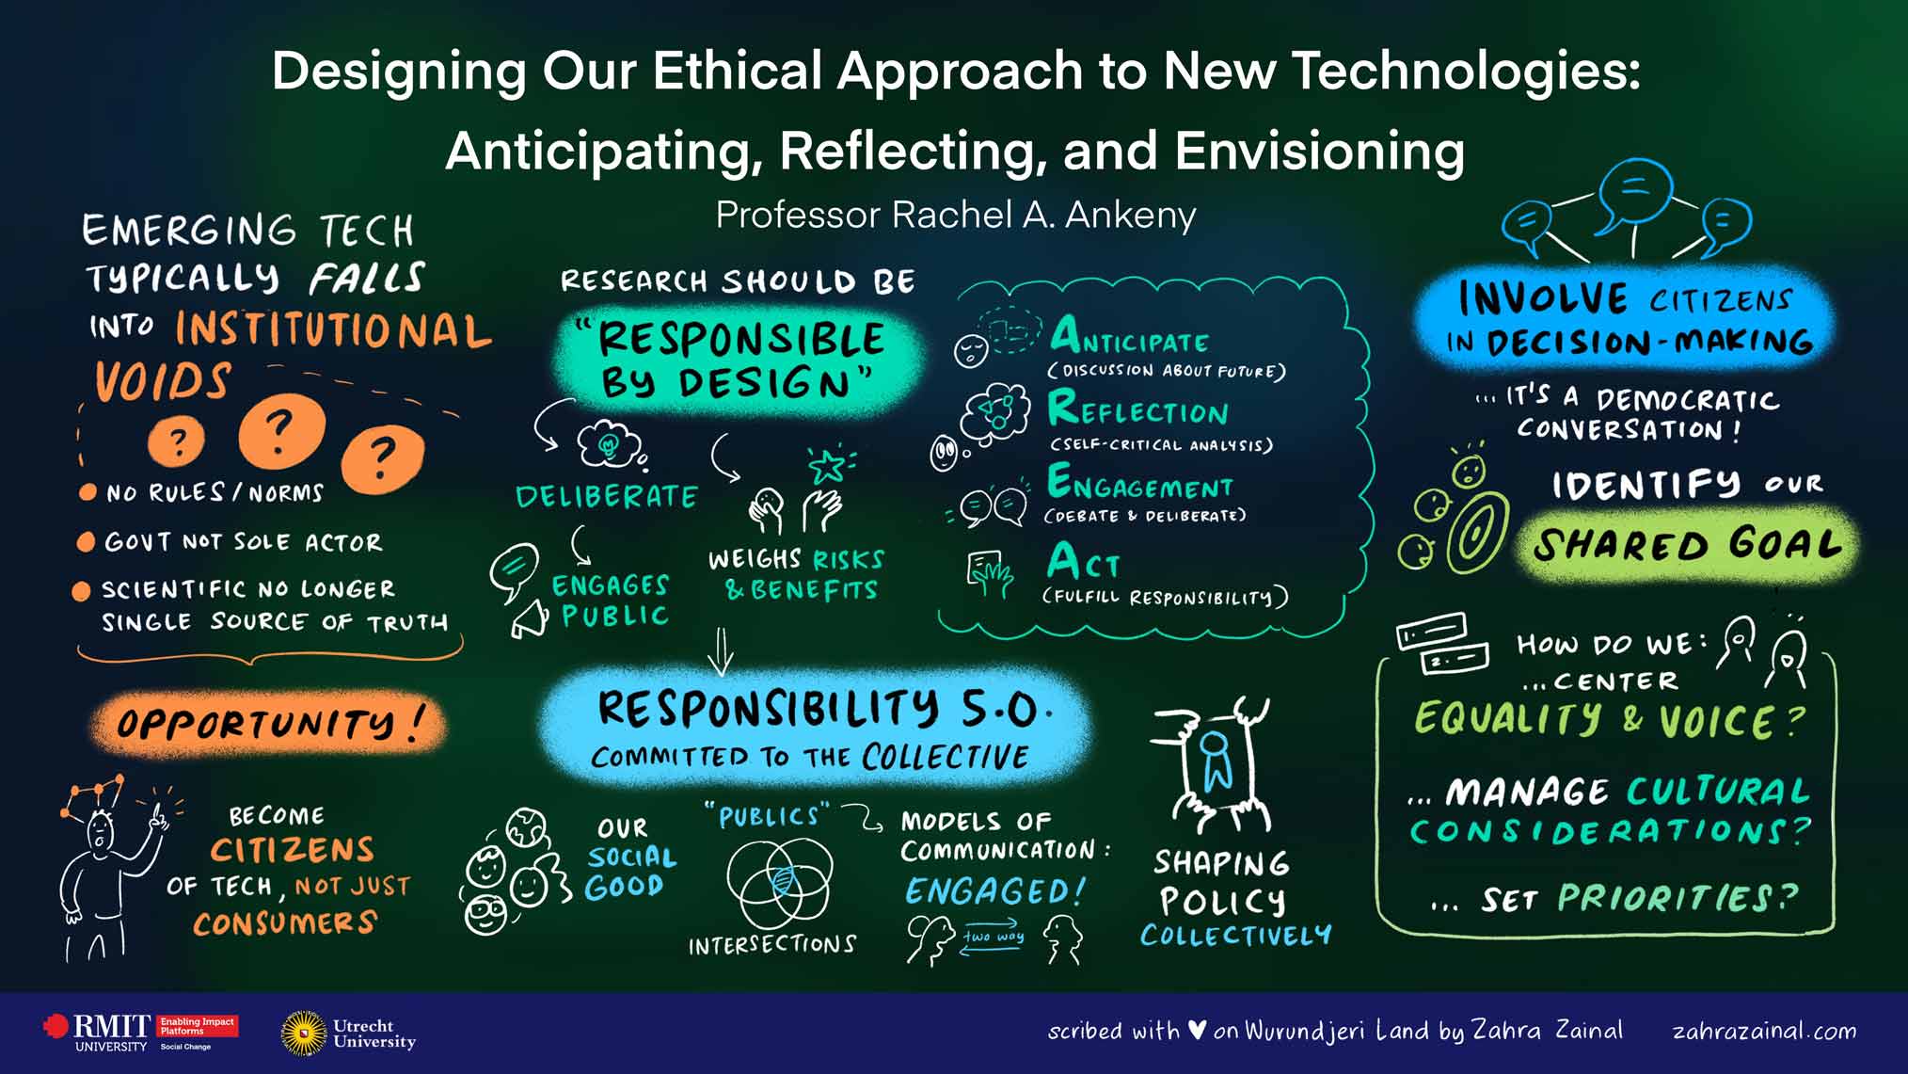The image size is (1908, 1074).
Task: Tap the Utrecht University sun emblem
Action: [x=303, y=1033]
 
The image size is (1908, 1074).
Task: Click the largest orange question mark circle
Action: [x=281, y=432]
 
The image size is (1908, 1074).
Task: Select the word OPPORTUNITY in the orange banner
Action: [x=256, y=724]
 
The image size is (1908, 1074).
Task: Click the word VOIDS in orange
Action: [x=163, y=382]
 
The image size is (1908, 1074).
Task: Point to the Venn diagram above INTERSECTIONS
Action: [x=780, y=882]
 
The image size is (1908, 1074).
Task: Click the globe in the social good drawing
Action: [x=526, y=827]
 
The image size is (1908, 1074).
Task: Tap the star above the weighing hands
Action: [x=827, y=465]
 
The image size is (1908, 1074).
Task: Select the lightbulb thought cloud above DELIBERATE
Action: [x=610, y=443]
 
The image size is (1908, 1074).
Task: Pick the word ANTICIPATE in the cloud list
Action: [x=1129, y=336]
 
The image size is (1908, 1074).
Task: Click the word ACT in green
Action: [x=1084, y=562]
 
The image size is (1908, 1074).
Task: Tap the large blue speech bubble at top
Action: [x=1635, y=191]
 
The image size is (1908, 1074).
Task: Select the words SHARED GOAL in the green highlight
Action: [x=1686, y=544]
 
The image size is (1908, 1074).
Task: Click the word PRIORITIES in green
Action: [x=1665, y=898]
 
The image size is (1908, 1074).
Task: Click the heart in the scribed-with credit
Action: [x=1196, y=1031]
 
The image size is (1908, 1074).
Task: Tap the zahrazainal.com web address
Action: [x=1764, y=1031]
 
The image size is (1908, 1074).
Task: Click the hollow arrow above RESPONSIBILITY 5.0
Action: [x=721, y=651]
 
